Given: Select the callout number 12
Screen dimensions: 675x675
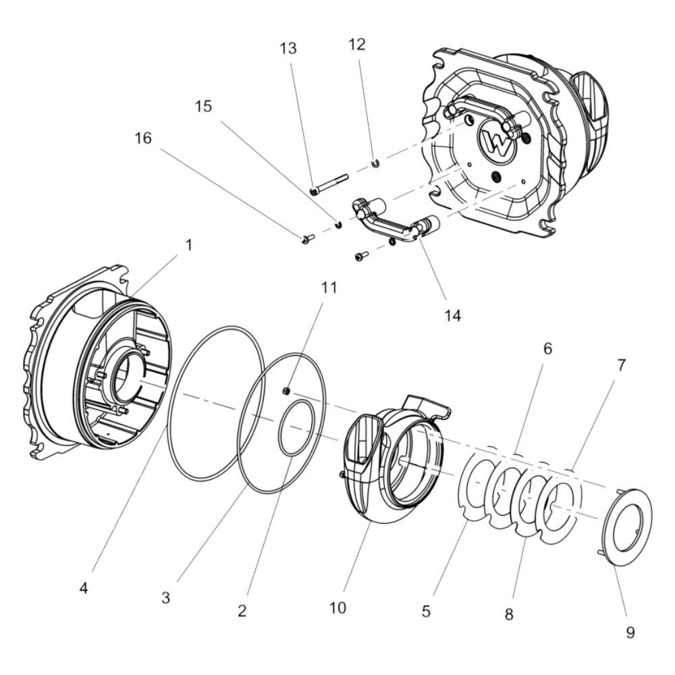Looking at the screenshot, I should pyautogui.click(x=356, y=45).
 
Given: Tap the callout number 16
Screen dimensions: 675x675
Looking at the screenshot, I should pyautogui.click(x=142, y=138).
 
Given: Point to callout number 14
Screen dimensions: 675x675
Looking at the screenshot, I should pyautogui.click(x=453, y=315).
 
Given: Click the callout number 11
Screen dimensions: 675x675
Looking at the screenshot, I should pyautogui.click(x=329, y=288).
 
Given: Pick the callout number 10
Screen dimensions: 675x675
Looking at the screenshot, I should pyautogui.click(x=337, y=607).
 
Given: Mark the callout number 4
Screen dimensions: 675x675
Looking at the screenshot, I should pyautogui.click(x=84, y=588).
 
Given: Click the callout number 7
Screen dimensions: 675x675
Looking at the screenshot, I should pyautogui.click(x=620, y=366).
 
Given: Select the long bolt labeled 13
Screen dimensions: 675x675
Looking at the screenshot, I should pyautogui.click(x=331, y=183).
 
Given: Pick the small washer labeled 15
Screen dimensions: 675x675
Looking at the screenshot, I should pyautogui.click(x=340, y=224).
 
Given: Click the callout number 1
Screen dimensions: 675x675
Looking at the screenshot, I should pyautogui.click(x=188, y=245).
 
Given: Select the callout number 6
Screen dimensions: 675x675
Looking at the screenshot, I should pyautogui.click(x=547, y=348).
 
